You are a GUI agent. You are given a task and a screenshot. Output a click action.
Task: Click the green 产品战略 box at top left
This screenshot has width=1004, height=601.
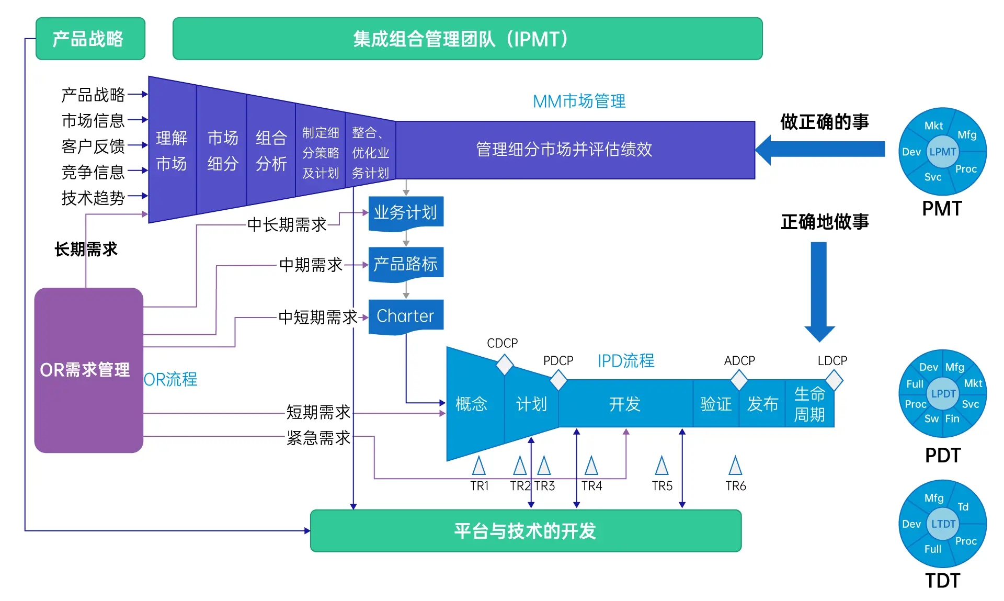90,39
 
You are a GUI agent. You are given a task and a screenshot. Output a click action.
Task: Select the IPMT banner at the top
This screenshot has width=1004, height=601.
467,39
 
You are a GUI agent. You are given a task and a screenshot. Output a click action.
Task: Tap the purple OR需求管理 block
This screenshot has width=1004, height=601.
88,370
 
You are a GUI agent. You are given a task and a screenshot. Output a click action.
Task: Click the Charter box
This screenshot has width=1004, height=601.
405,316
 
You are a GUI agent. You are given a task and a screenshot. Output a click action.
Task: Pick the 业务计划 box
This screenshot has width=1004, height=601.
405,212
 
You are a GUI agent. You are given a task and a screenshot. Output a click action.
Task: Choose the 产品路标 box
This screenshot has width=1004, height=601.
405,264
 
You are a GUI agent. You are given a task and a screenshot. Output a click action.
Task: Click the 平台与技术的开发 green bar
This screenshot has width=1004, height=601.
525,530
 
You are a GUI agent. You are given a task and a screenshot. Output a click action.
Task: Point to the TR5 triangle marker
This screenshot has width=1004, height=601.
661,466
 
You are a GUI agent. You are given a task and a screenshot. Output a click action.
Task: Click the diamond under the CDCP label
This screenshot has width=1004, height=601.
504,365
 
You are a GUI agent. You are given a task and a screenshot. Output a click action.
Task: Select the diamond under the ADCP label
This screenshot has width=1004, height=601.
738,380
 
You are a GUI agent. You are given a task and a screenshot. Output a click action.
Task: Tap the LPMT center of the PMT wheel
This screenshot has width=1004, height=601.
942,152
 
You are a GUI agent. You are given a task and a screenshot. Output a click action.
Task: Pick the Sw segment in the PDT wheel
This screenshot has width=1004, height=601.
931,418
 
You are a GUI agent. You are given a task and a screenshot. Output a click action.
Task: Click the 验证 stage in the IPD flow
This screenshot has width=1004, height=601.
715,404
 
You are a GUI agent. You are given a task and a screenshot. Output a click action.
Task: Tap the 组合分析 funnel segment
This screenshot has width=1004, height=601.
271,151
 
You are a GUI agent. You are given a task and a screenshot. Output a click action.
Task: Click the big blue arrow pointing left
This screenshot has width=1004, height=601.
821,150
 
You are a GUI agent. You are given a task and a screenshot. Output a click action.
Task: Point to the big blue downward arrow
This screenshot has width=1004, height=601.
819,290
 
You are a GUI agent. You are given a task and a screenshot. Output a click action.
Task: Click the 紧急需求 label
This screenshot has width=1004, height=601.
318,437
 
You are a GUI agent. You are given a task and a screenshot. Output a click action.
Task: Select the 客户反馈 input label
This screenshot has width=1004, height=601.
93,146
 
